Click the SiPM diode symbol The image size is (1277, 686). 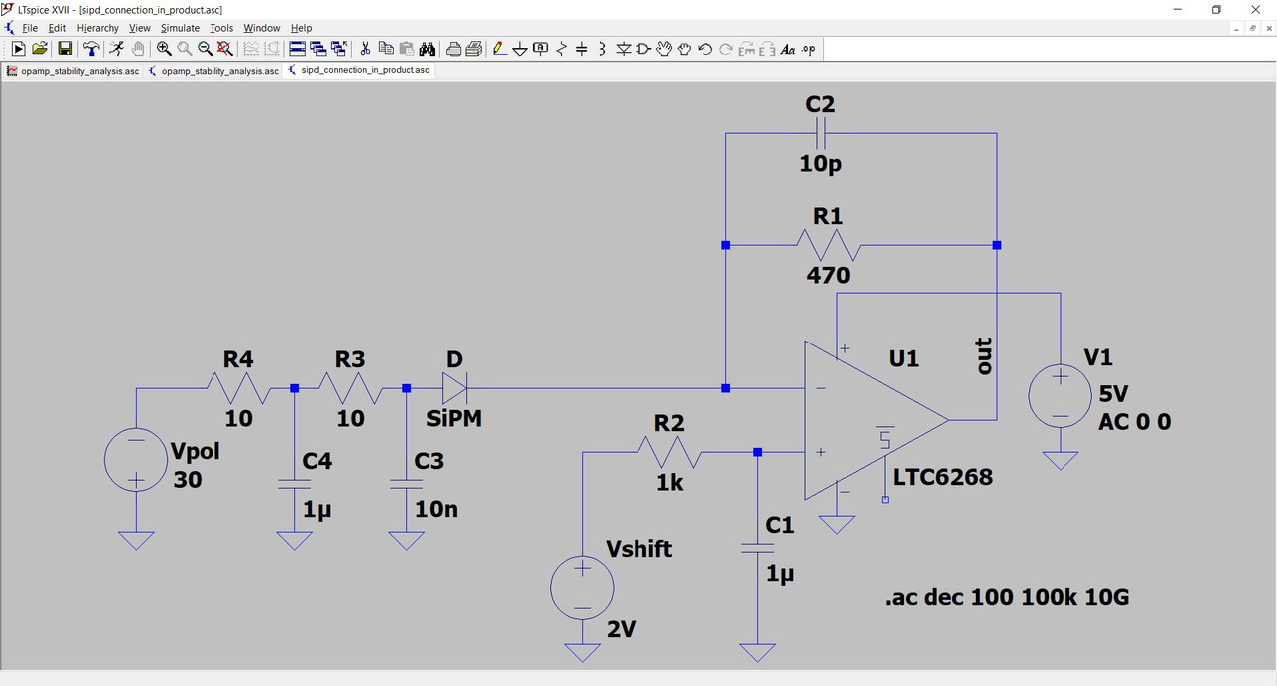455,388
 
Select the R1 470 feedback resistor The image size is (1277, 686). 827,245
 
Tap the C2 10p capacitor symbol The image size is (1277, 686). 821,133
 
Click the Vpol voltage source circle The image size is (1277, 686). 136,460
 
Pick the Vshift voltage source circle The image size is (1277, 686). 582,587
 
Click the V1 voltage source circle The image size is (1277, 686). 1060,396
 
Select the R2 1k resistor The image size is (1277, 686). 669,452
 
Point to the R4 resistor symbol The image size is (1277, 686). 237,388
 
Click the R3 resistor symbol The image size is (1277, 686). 350,388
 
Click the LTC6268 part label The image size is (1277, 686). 943,477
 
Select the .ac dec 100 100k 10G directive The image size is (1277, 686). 1007,598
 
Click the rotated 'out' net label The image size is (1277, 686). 984,356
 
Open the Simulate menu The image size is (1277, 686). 180,28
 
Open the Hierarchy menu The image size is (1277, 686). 98,28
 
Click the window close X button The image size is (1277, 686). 1255,9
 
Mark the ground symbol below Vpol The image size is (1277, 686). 136,540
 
